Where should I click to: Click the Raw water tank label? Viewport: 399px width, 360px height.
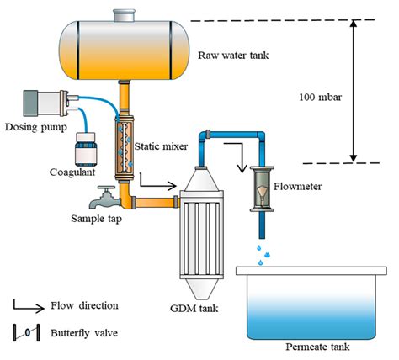coord(233,56)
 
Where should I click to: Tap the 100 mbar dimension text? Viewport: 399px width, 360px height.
coord(320,98)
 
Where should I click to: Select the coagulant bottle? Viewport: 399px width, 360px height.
coord(86,150)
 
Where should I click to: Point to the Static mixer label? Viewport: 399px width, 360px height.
coord(161,146)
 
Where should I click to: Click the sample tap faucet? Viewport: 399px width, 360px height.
coord(104,198)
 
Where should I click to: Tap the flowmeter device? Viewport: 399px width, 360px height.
coord(262,188)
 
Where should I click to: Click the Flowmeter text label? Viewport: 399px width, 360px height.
coord(297,187)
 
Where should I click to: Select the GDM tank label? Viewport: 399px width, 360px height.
coord(194,309)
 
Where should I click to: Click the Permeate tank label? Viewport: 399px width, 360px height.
coord(317,347)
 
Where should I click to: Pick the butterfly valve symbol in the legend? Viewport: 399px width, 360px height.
coord(26,332)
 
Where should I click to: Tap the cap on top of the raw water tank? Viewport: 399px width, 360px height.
coord(124,15)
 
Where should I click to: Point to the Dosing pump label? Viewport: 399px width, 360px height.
coord(36,127)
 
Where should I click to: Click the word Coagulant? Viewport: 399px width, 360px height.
coord(72,172)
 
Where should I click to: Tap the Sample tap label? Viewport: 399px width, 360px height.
coord(96,219)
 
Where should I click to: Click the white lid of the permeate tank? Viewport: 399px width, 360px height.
coord(311,271)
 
